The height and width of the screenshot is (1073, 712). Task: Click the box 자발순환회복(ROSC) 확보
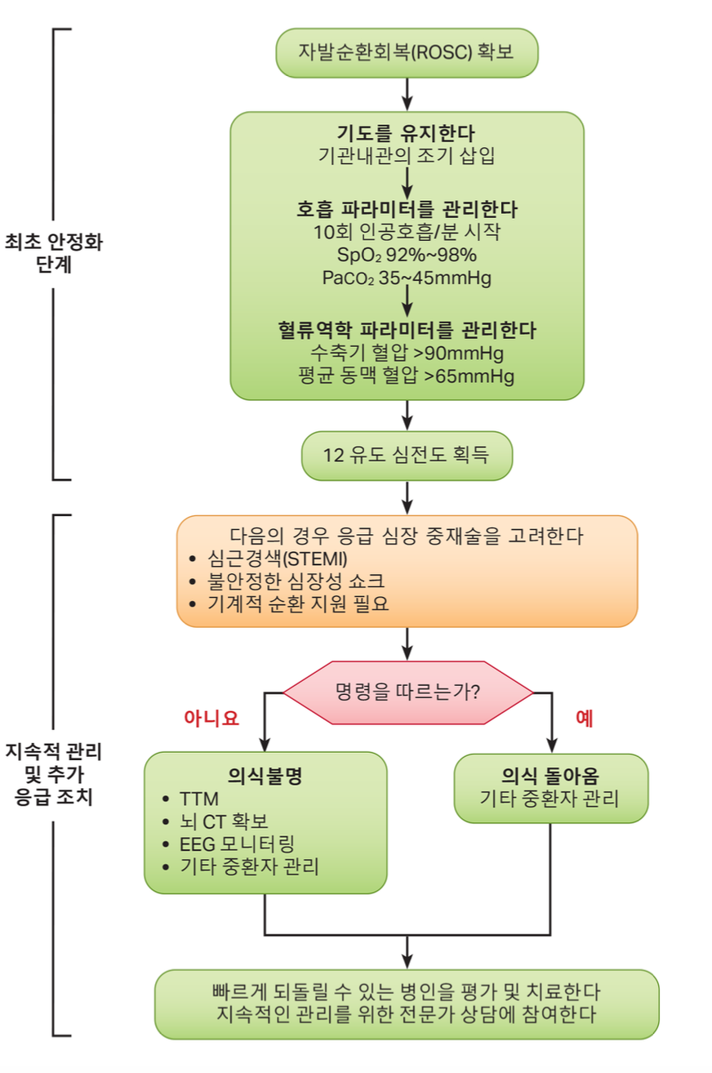tap(407, 53)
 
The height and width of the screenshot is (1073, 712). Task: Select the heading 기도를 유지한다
tap(406, 133)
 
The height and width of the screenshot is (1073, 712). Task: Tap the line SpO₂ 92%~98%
tap(407, 255)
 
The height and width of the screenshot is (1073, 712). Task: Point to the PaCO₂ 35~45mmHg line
tap(407, 278)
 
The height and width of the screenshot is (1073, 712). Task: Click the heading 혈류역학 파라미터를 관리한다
tap(407, 330)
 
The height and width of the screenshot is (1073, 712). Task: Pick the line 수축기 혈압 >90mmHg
tap(407, 353)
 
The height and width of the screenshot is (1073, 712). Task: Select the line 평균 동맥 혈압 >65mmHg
tap(406, 376)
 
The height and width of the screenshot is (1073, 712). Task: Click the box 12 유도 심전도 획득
tap(407, 456)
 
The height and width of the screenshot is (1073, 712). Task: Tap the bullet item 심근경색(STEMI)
tap(278, 559)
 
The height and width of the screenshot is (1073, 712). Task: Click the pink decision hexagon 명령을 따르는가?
tap(408, 692)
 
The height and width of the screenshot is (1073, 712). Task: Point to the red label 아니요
tap(211, 718)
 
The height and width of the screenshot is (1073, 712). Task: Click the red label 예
tap(584, 718)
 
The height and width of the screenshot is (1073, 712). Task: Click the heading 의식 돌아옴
tap(550, 776)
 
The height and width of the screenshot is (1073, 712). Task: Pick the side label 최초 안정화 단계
tap(54, 253)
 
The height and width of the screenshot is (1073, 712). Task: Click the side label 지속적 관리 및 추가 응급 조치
tap(54, 775)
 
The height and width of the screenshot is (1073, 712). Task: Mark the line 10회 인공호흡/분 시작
tap(407, 232)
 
